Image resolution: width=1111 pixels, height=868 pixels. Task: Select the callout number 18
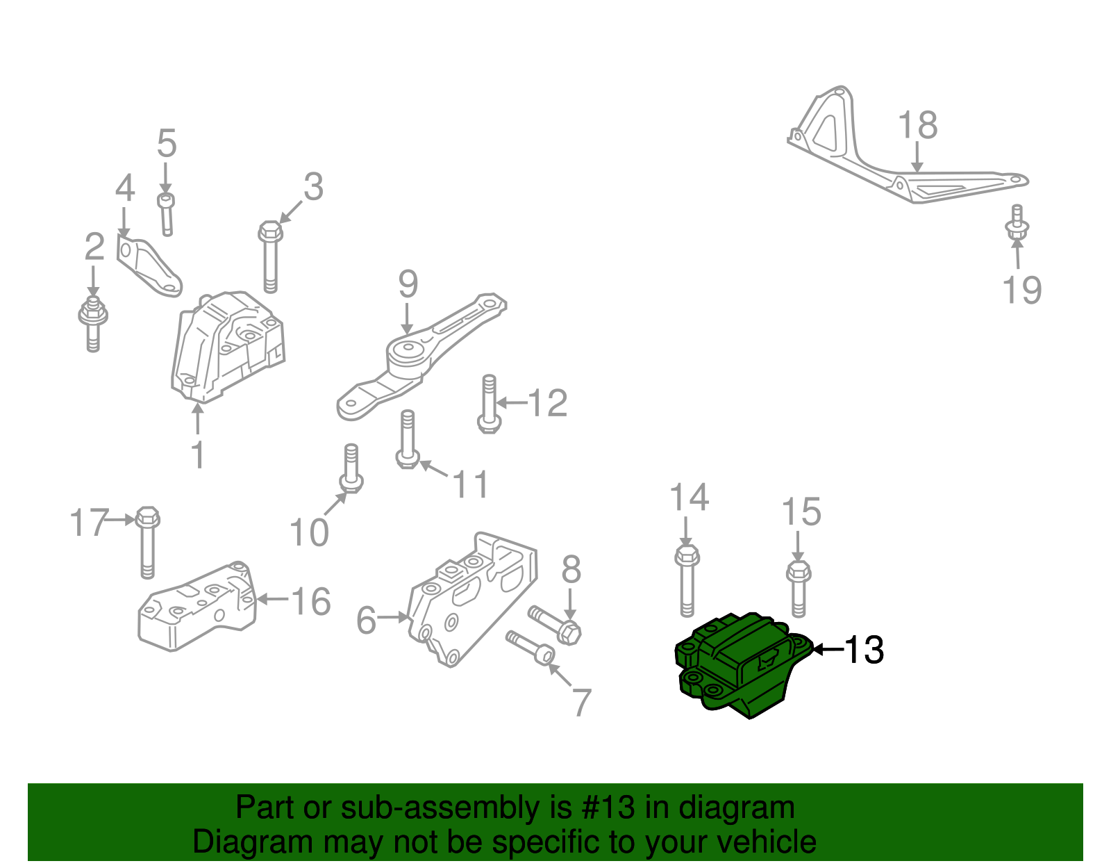click(x=917, y=126)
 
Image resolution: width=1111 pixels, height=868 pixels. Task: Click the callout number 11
click(x=471, y=484)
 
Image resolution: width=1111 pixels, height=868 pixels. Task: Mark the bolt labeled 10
click(x=351, y=468)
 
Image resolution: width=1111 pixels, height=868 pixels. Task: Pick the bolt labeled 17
click(x=147, y=542)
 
